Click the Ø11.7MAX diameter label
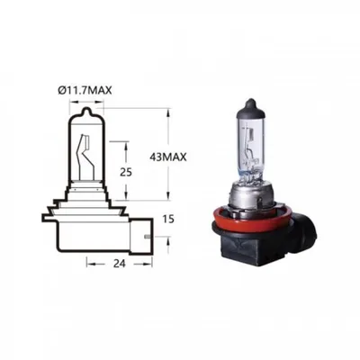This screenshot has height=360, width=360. [85, 90]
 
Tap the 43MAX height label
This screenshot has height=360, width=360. [167, 157]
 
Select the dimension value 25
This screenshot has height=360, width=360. [126, 172]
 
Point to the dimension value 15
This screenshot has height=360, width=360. [169, 220]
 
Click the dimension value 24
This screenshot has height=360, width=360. [120, 263]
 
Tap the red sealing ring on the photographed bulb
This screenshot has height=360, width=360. [251, 218]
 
